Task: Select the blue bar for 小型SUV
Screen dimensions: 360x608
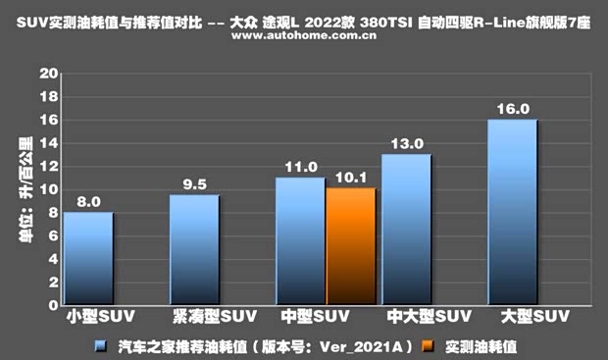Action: pos(88,258)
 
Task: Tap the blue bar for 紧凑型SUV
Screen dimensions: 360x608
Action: pos(194,249)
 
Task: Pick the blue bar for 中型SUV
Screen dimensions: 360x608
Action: pos(300,240)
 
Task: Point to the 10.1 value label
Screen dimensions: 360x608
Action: pos(351,178)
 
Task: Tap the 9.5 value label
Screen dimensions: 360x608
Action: pos(194,184)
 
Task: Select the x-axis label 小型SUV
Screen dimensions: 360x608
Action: pos(95,318)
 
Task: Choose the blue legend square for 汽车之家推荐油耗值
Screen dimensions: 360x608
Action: pos(101,345)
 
